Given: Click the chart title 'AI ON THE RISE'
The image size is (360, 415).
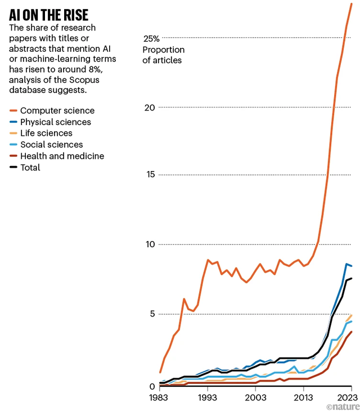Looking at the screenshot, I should pyautogui.click(x=48, y=14).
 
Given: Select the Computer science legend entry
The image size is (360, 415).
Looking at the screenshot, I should pyautogui.click(x=57, y=110).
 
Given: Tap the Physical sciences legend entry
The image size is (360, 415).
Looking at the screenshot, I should pyautogui.click(x=55, y=122).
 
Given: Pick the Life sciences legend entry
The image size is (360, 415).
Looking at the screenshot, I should pyautogui.click(x=46, y=133).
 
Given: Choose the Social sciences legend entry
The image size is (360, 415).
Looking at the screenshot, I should pyautogui.click(x=51, y=145).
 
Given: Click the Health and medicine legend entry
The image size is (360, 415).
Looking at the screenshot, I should pyautogui.click(x=62, y=156).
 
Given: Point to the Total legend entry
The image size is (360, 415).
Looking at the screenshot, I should pyautogui.click(x=30, y=167).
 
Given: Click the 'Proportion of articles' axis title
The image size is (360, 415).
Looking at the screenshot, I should pyautogui.click(x=163, y=55).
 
